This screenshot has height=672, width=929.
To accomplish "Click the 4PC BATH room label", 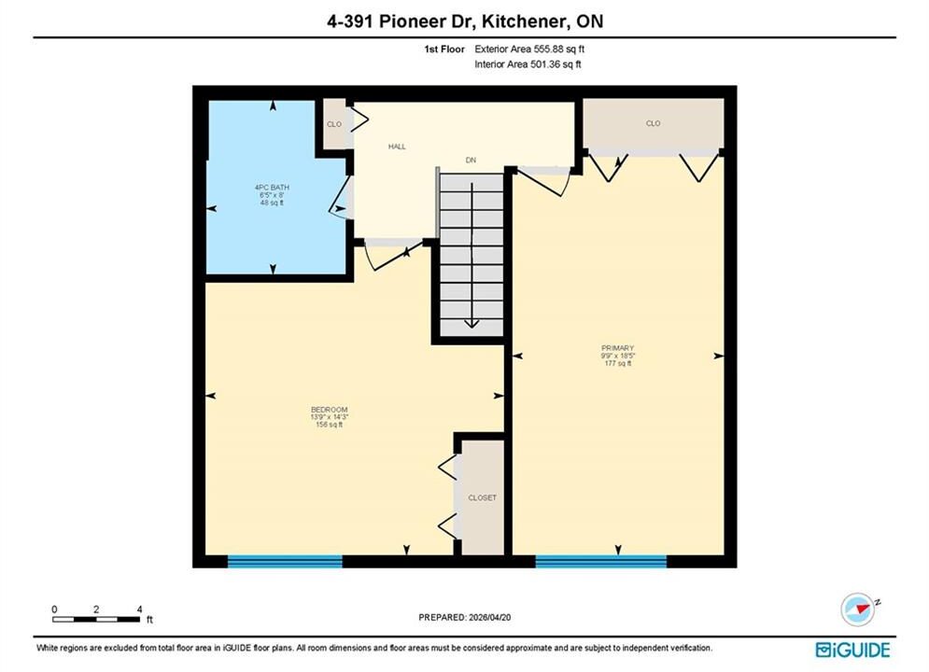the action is [272, 188].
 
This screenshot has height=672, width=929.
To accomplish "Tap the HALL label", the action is [397, 147].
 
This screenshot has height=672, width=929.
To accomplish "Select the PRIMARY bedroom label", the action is [617, 348].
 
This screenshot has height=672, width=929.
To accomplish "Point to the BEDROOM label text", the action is [330, 410].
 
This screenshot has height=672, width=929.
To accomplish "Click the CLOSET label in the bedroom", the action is [483, 497].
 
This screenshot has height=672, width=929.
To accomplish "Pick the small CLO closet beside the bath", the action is [334, 124].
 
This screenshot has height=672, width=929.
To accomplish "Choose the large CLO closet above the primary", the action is [653, 123].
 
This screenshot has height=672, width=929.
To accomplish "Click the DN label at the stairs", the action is [471, 160].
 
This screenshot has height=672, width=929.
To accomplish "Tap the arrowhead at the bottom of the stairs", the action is [472, 323].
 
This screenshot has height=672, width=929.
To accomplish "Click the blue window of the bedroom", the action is [285, 561].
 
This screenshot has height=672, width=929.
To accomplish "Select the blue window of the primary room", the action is [601, 561].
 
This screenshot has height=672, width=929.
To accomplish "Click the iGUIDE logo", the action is [852, 651].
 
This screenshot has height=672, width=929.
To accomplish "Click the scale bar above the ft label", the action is [96, 620].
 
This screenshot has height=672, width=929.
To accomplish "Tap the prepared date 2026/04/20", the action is [489, 618].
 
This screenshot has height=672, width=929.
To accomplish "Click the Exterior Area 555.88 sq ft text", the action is [529, 49].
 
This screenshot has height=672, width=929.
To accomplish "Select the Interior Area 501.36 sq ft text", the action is [528, 64].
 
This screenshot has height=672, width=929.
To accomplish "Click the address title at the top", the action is [465, 21].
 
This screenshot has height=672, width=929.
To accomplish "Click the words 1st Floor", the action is [444, 49].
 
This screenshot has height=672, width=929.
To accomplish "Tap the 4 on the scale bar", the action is [140, 609].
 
